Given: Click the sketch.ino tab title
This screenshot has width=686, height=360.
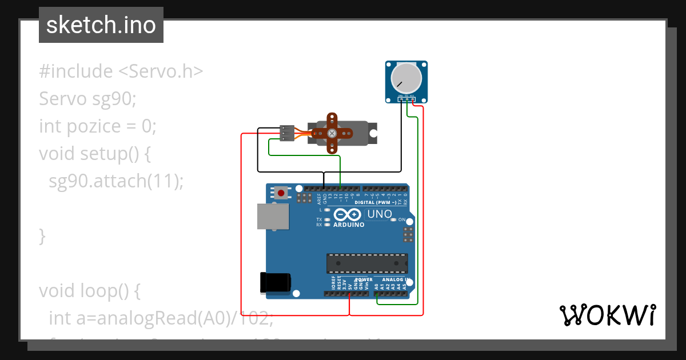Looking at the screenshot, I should point(101,25).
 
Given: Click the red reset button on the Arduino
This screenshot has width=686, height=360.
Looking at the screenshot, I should point(281,193).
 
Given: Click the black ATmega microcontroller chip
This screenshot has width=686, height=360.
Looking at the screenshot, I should point(367,263).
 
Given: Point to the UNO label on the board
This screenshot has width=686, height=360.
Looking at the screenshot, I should point(379,215).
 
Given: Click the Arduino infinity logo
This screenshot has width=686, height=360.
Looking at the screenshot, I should point(348,215).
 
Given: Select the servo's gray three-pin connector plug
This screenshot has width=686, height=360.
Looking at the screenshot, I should point(287,133).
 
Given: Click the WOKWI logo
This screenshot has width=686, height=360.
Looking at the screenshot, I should point(607,315).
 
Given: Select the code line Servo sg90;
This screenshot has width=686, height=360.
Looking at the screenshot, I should point(87,99).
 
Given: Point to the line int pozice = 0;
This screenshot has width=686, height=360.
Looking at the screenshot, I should point(97,126).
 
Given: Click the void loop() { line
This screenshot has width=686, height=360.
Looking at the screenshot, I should point(89,291).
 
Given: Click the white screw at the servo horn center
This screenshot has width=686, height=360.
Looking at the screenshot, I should point(332,133).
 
